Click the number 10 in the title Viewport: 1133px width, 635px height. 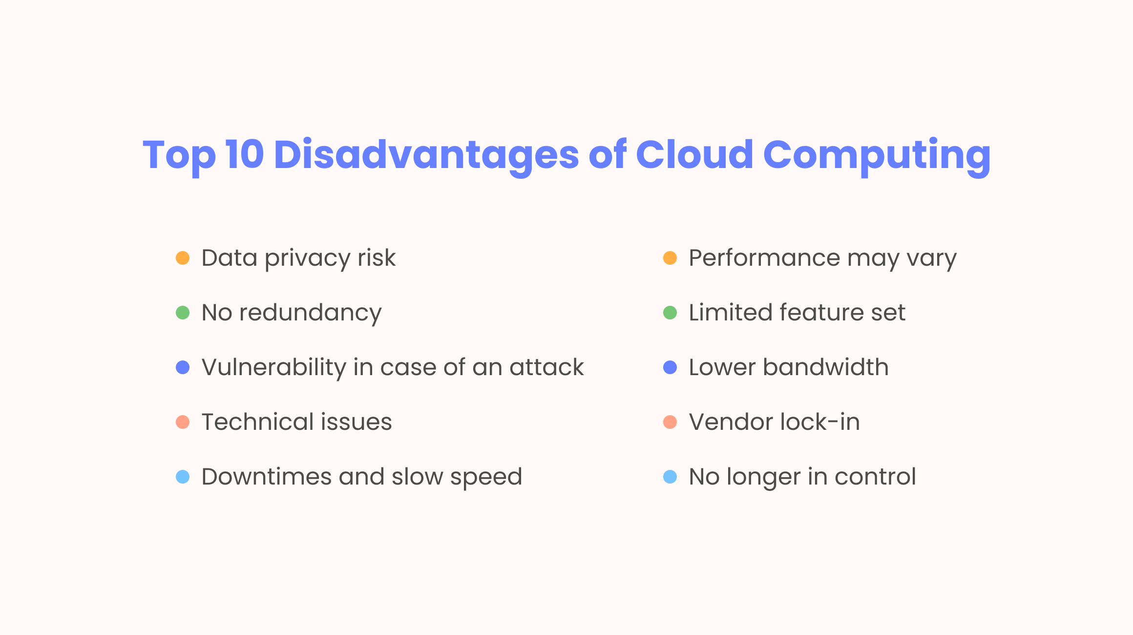pyautogui.click(x=245, y=155)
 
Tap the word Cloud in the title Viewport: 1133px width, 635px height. pyautogui.click(x=694, y=154)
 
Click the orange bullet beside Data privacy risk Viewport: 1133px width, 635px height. pyautogui.click(x=183, y=258)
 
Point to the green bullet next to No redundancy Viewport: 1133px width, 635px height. pyautogui.click(x=183, y=313)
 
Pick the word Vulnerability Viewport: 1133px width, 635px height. pyautogui.click(x=274, y=368)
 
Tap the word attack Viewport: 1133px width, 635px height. pyautogui.click(x=546, y=367)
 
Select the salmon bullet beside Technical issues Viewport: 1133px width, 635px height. pyautogui.click(x=183, y=422)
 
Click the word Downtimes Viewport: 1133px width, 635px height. pyautogui.click(x=267, y=477)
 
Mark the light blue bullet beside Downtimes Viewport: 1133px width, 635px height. pyautogui.click(x=183, y=477)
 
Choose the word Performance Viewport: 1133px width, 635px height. pyautogui.click(x=764, y=258)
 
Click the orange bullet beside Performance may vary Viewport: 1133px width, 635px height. pyautogui.click(x=670, y=258)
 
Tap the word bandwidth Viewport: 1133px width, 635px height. pyautogui.click(x=826, y=367)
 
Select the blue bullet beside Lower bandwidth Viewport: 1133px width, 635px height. pyautogui.click(x=670, y=367)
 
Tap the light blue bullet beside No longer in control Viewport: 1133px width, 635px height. pyautogui.click(x=670, y=477)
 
